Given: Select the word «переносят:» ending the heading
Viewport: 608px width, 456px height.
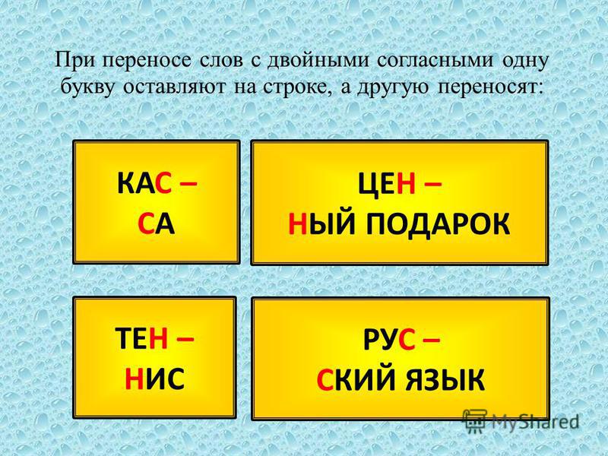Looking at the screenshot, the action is pos(489,87).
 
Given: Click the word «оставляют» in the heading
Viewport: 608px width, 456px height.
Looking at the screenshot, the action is pos(176,87).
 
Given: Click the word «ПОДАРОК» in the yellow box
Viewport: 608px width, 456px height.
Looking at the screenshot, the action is pos(438,224).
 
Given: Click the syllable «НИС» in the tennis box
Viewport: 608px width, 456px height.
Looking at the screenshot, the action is pos(154,378).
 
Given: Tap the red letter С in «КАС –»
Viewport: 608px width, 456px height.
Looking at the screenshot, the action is pos(163,184).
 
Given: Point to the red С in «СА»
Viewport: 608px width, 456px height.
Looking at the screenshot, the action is pos(146,224).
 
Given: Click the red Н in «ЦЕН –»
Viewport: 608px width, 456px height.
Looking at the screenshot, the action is pos(406,184).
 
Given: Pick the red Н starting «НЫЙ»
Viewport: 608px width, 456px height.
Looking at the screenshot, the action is pos(297,224).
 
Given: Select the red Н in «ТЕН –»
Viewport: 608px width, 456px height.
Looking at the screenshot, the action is pos(158,338).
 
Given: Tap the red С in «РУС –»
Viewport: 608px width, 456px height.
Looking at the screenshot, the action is pos(406,338).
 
